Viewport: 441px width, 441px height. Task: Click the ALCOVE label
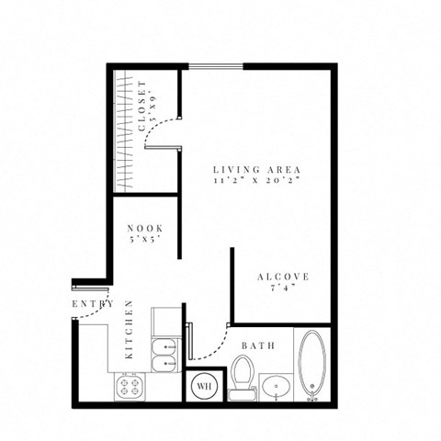click(x=282, y=277)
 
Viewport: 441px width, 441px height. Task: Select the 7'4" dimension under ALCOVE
click(x=282, y=289)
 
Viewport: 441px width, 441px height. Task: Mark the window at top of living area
click(x=217, y=65)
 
